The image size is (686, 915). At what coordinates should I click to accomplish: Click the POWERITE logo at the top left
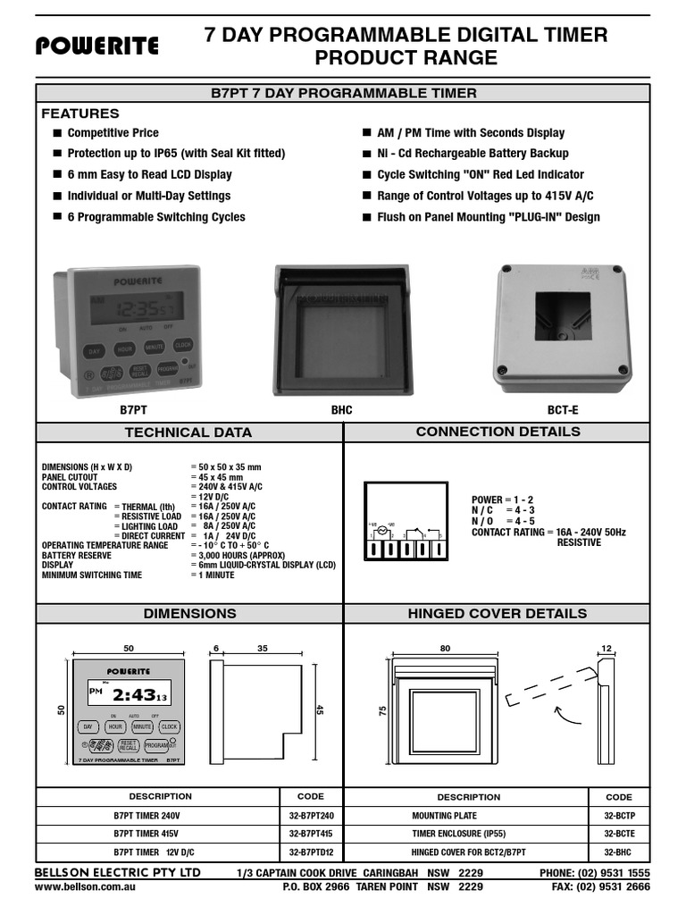click(96, 46)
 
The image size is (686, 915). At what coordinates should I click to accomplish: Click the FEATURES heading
click(80, 113)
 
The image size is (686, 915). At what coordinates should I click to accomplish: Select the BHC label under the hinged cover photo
click(342, 410)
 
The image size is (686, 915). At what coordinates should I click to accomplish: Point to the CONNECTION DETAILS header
click(498, 432)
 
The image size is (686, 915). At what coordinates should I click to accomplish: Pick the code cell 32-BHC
click(618, 852)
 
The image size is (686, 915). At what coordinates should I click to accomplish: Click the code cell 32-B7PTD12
click(311, 852)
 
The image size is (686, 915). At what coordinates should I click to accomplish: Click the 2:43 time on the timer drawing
click(131, 694)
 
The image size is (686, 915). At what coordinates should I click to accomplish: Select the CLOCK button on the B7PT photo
click(183, 344)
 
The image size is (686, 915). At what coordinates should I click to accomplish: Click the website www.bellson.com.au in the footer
click(85, 887)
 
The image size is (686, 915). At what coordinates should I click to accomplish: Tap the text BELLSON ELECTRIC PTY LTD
click(117, 873)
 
